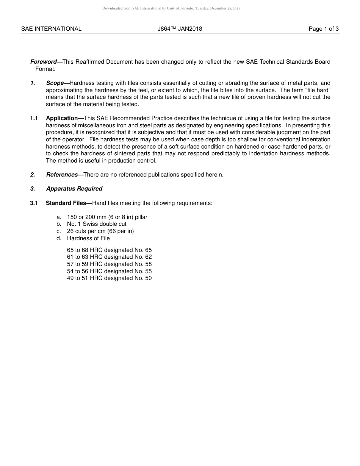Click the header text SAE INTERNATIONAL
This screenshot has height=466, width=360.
(x=51, y=29)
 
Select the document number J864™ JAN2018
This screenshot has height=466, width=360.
(x=180, y=29)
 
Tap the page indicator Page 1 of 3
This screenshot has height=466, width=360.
(x=323, y=29)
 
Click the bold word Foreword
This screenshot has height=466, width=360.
(x=44, y=62)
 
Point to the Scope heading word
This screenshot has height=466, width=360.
(x=55, y=83)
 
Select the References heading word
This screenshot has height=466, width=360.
(x=62, y=175)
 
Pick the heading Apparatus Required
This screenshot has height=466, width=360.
(x=74, y=189)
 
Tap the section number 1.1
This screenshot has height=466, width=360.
(x=34, y=118)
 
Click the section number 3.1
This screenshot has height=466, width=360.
(x=34, y=203)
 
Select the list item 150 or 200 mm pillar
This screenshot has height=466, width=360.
(x=107, y=217)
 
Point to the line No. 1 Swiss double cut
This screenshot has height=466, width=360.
(x=97, y=224)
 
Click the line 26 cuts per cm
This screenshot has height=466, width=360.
(x=100, y=231)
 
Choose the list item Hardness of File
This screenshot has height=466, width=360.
(x=88, y=238)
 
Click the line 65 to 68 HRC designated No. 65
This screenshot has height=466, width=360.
(x=109, y=250)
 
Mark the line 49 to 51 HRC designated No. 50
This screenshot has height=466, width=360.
(x=109, y=278)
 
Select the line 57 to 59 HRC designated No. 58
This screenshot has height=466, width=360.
(x=109, y=264)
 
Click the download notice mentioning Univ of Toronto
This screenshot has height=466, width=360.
(x=171, y=8)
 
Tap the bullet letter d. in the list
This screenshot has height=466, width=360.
(x=59, y=238)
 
